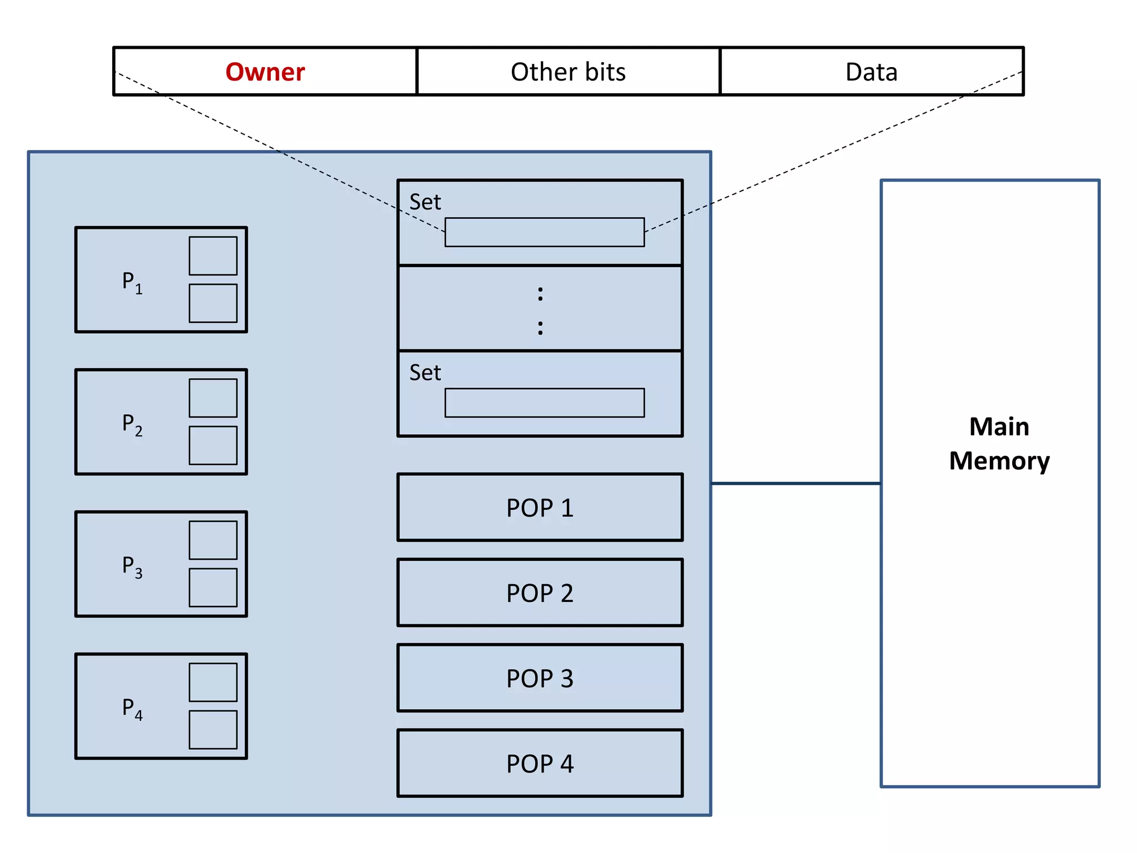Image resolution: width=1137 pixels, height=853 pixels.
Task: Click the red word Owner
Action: point(265,72)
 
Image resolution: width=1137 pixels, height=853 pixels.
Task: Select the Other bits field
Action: point(568,72)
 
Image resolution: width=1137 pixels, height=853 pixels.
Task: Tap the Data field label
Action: point(871,72)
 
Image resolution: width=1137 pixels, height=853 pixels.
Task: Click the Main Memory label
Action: point(999,444)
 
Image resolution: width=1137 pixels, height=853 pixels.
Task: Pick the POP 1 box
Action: point(540,508)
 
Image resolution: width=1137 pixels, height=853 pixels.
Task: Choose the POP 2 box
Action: point(540,593)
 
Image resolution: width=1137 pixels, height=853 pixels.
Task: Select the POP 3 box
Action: point(540,678)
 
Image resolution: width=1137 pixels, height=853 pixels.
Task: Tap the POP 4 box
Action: point(540,763)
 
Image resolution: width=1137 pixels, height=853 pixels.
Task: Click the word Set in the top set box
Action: point(425,202)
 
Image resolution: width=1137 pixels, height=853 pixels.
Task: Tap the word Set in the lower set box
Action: point(425,373)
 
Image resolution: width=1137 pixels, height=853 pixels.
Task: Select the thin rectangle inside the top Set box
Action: point(545,232)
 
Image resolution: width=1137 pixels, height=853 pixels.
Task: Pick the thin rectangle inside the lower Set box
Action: point(545,403)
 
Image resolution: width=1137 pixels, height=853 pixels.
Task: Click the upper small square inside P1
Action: point(213,256)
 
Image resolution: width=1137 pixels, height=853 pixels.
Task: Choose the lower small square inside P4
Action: point(213,730)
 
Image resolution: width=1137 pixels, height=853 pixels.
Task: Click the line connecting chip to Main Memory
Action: point(796,483)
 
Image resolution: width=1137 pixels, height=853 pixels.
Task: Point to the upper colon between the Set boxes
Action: point(540,294)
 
